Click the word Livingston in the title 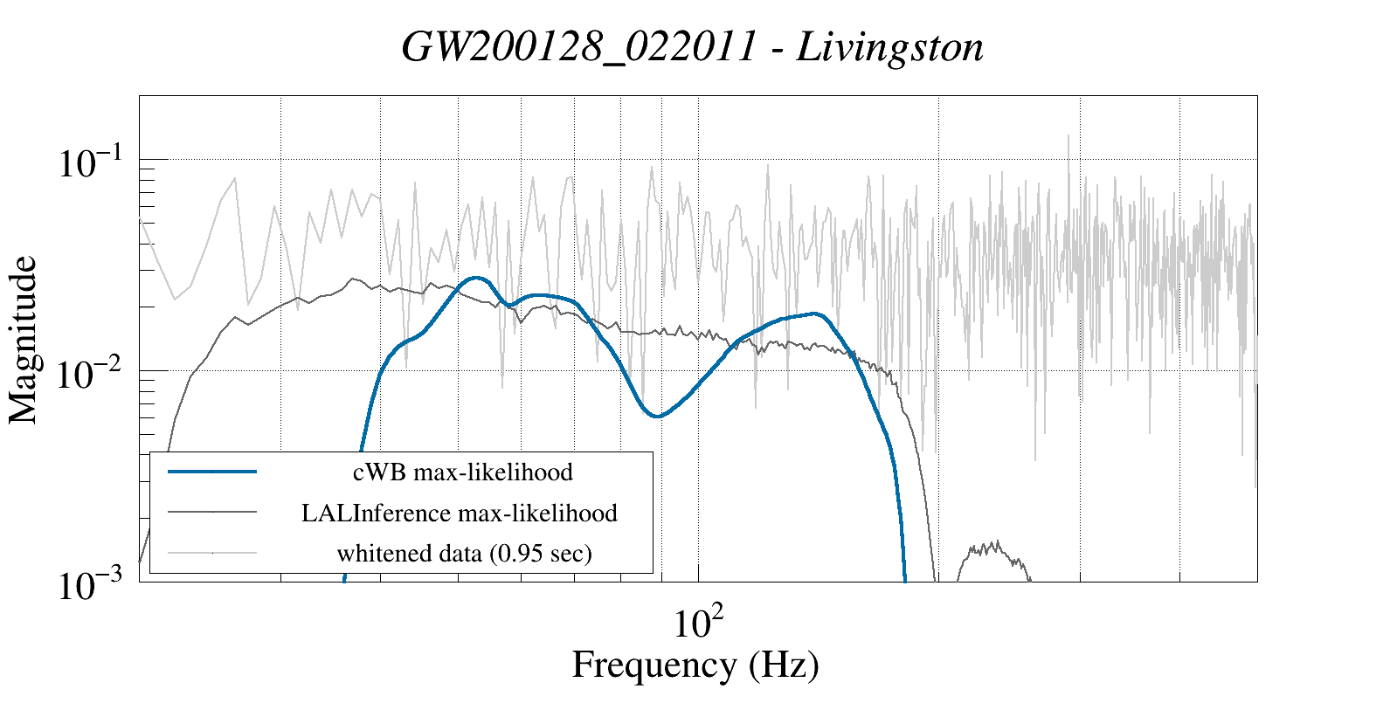(890, 47)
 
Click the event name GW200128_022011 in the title (578, 47)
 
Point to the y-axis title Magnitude (24, 339)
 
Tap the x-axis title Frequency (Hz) (695, 665)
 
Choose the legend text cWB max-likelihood (463, 472)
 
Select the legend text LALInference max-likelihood (460, 513)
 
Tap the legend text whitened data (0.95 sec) (464, 553)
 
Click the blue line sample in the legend (212, 472)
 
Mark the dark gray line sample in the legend (212, 512)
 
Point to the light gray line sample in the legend (212, 552)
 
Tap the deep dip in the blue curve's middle (658, 416)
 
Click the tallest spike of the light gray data (1068, 136)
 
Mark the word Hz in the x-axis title (782, 665)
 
